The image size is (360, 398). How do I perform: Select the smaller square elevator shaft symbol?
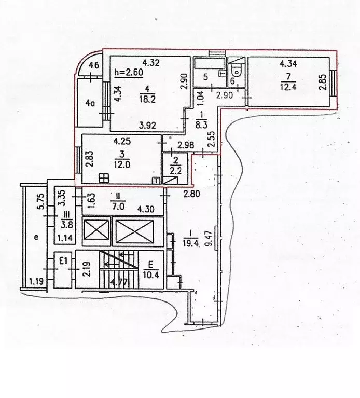coord(96,231)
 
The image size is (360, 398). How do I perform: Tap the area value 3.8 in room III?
coord(65,225)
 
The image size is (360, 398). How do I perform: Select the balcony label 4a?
coord(90,103)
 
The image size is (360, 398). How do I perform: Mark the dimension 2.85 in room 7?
coord(323,83)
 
